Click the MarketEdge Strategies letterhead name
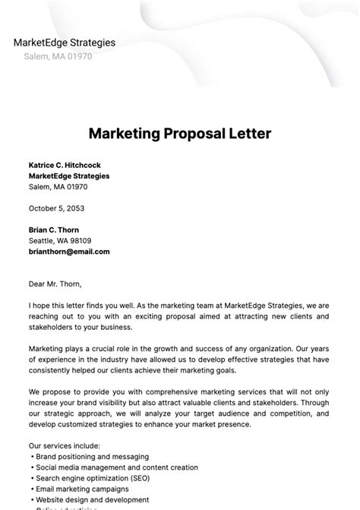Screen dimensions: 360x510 point(65,43)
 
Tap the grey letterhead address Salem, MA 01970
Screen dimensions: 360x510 point(58,56)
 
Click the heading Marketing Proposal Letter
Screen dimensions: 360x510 point(180,134)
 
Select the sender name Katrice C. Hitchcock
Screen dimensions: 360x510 point(65,165)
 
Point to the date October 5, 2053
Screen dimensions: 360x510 point(56,208)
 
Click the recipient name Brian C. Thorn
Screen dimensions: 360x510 point(54,230)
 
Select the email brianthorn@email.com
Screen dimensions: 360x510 point(69,252)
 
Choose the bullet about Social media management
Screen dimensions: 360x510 point(116,467)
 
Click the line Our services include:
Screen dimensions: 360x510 point(65,445)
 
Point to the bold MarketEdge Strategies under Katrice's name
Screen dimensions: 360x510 point(69,176)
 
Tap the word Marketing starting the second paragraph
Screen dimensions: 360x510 point(46,348)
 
